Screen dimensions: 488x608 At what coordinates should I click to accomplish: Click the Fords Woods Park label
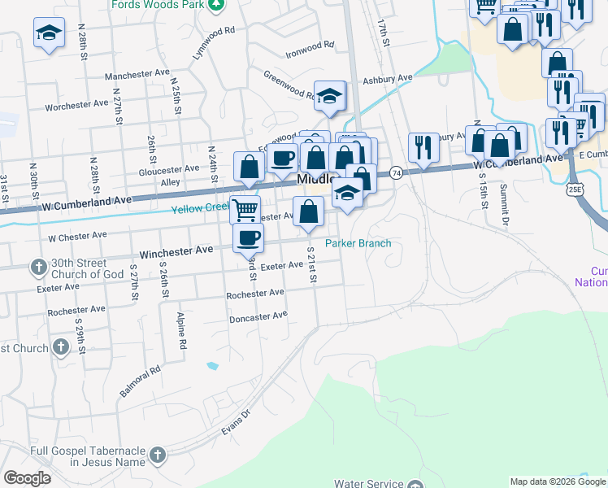[x=169, y=3]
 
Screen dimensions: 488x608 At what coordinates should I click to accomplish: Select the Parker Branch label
[x=358, y=243]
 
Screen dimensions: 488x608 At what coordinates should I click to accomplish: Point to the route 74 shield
[x=396, y=172]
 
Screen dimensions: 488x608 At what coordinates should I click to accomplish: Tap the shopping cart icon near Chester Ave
[x=245, y=210]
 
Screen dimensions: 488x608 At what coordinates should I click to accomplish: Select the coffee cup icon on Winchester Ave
[x=249, y=237]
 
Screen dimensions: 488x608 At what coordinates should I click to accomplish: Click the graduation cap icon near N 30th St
[x=49, y=33]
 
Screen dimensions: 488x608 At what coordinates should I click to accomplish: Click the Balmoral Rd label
[x=141, y=380]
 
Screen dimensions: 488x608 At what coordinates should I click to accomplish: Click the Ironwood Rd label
[x=310, y=49]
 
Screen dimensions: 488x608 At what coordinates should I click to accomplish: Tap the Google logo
[x=27, y=478]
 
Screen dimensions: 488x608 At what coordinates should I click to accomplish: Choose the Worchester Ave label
[x=76, y=105]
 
